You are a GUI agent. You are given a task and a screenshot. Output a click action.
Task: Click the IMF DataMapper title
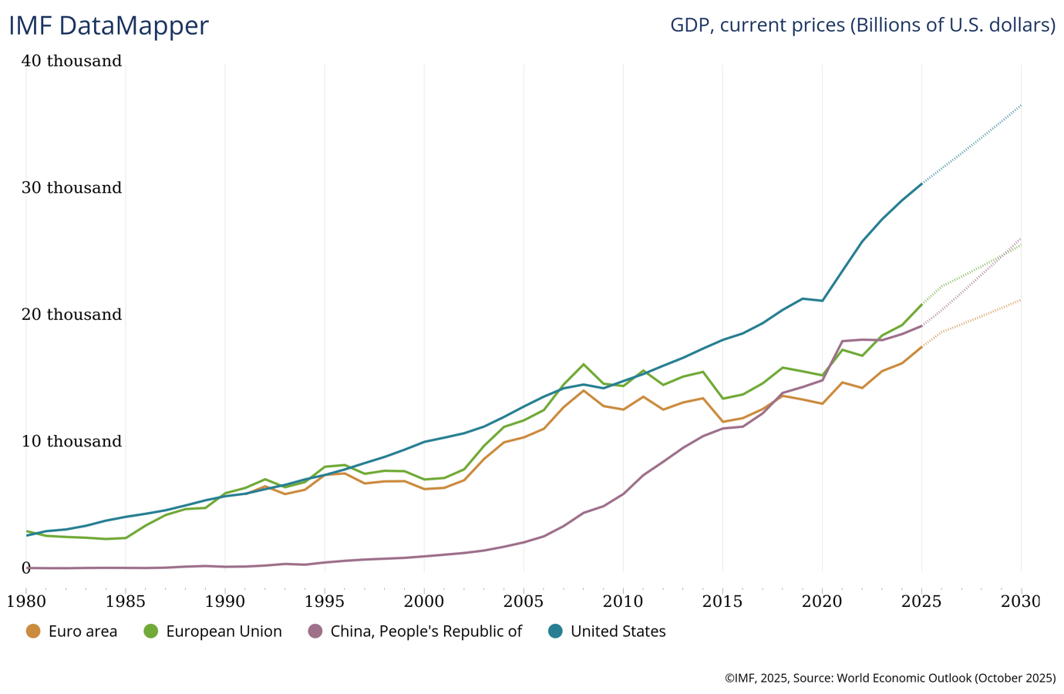(x=109, y=25)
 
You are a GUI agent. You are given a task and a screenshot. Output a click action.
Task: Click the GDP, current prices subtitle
(x=862, y=25)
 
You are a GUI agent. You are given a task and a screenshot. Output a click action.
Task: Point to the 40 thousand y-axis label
(x=72, y=61)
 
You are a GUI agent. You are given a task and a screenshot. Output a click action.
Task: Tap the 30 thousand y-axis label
(x=72, y=188)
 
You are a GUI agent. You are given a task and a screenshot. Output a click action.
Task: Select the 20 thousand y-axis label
(x=72, y=315)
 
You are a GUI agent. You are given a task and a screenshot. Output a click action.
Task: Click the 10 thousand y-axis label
(x=72, y=442)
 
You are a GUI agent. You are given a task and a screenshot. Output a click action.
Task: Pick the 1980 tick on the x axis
(x=26, y=601)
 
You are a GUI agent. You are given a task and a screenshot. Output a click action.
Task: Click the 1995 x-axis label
(x=325, y=601)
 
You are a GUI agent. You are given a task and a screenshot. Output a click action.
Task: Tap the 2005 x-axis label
(x=524, y=601)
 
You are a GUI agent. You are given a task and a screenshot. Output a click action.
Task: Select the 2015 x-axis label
(x=722, y=601)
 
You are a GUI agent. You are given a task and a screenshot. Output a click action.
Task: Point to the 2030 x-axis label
(x=1021, y=601)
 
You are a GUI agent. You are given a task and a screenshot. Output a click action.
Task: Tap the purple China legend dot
(x=315, y=632)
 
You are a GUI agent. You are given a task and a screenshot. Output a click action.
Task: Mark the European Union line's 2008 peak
(x=584, y=364)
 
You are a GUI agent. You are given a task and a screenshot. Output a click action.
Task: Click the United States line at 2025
(x=921, y=184)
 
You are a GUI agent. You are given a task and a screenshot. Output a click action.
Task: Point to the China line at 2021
(x=842, y=341)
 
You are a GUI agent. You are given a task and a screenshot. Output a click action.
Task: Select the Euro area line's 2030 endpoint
(x=1021, y=300)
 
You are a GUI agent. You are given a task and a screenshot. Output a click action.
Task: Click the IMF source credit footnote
(x=890, y=679)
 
